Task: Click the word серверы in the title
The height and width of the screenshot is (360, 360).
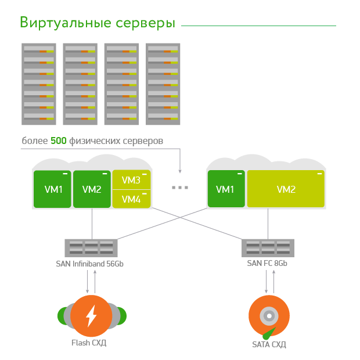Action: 145,24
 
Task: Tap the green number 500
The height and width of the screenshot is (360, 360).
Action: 59,141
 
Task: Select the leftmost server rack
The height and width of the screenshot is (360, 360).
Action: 39,84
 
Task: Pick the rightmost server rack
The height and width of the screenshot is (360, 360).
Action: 163,84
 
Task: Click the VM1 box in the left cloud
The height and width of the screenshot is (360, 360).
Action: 52,189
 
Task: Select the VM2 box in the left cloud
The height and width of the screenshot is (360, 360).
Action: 92,189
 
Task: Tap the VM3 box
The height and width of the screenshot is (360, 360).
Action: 132,180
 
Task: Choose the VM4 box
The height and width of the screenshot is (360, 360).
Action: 132,199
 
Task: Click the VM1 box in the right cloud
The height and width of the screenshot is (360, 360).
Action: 226,189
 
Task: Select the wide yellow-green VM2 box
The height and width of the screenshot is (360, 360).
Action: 286,189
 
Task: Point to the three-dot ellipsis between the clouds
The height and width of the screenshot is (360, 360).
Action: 180,188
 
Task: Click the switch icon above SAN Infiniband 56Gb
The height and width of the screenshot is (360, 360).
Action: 91,248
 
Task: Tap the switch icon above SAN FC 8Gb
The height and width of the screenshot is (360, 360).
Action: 268,248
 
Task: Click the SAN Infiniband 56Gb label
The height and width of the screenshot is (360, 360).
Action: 90,264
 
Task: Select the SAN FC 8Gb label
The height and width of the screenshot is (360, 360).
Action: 267,263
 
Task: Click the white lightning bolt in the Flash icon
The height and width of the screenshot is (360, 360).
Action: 91,316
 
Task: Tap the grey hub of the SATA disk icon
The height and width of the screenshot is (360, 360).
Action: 269,316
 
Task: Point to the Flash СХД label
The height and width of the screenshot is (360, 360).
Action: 89,343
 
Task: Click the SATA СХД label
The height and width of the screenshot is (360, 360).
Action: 269,344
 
